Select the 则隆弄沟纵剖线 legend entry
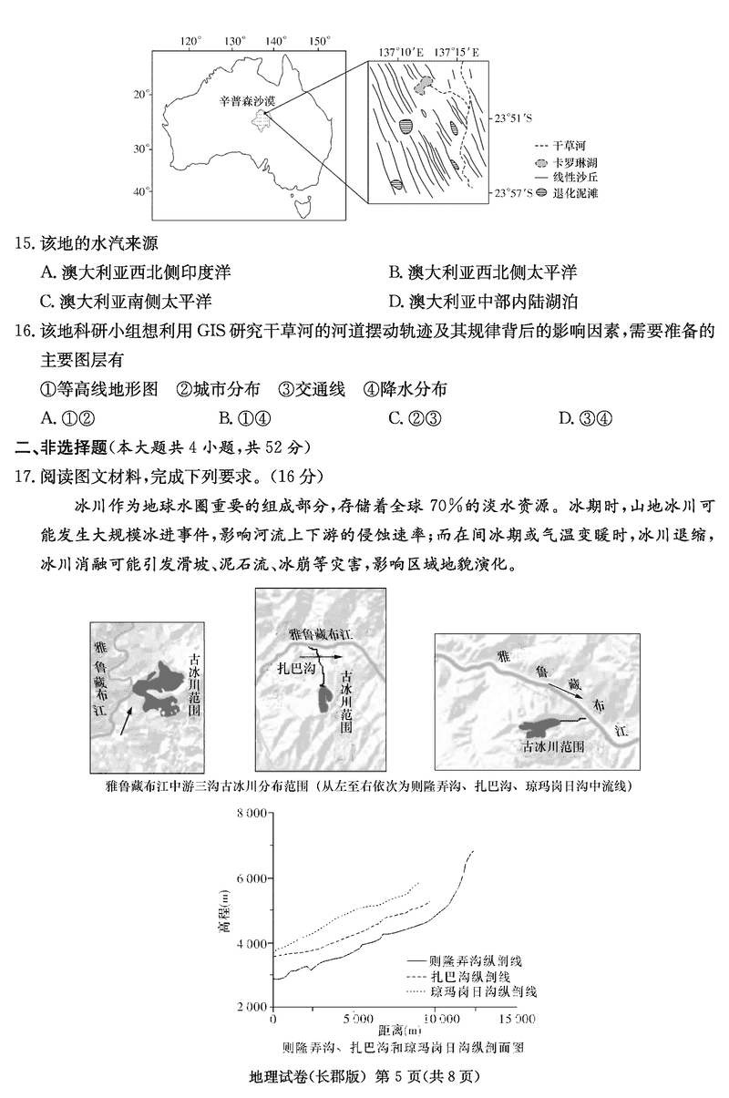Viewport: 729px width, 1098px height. click(x=469, y=960)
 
